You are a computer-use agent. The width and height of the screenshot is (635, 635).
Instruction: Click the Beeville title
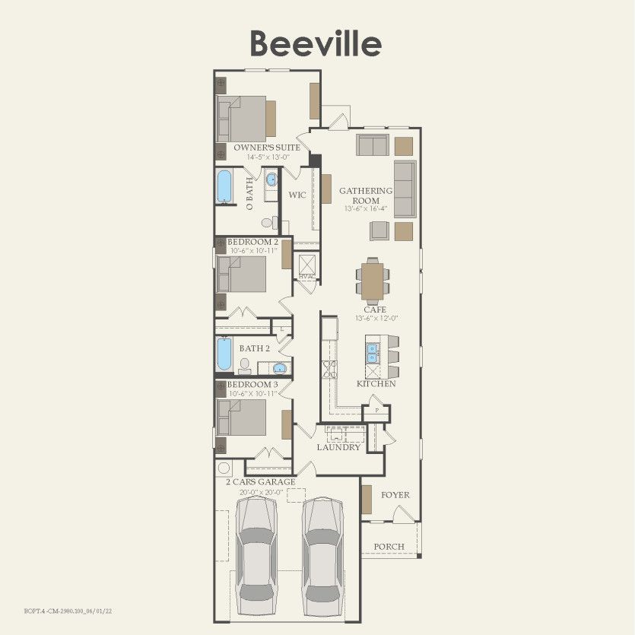click(x=316, y=43)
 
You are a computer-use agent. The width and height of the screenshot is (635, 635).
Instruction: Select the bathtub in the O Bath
click(x=225, y=186)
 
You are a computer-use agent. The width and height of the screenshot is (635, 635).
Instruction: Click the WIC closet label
click(x=297, y=195)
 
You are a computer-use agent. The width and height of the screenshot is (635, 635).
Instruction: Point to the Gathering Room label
click(x=366, y=195)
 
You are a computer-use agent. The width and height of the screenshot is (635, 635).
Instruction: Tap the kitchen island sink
click(x=373, y=354)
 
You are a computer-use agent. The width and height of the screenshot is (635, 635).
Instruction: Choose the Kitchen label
click(x=376, y=384)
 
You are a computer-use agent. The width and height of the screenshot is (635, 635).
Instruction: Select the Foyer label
click(x=395, y=495)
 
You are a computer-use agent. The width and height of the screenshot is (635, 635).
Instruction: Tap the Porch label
click(x=389, y=547)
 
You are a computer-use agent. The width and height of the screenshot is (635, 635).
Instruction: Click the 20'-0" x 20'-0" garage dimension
click(x=262, y=492)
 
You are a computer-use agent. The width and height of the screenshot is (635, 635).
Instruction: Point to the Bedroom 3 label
click(x=252, y=385)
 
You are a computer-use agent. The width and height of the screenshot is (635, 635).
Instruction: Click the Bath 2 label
click(x=255, y=348)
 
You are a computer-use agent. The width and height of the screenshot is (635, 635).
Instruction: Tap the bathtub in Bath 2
click(x=224, y=354)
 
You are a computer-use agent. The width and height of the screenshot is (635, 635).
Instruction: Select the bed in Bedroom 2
click(x=242, y=275)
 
